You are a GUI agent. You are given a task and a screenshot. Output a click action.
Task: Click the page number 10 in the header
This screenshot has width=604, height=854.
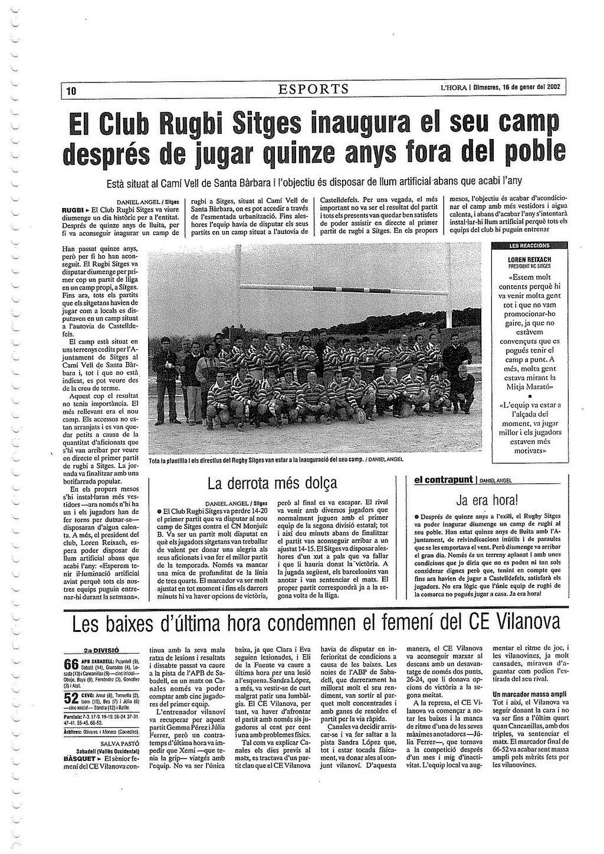tap(71, 91)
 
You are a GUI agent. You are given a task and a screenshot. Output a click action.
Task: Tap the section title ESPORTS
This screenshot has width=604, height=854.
tap(314, 90)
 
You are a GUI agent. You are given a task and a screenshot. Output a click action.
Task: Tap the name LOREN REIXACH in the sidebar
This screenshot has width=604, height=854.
tap(529, 260)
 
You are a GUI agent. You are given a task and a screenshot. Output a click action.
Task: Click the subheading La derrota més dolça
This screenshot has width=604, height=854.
tap(273, 484)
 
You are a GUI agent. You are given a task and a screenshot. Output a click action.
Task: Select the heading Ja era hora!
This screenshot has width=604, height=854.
tap(487, 501)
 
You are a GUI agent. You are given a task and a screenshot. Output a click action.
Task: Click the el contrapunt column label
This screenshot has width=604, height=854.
tap(444, 480)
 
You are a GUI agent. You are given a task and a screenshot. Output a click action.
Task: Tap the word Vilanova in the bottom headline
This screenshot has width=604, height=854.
tap(527, 622)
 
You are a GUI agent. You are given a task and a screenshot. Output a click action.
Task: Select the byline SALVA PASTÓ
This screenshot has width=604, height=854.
tap(119, 744)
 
